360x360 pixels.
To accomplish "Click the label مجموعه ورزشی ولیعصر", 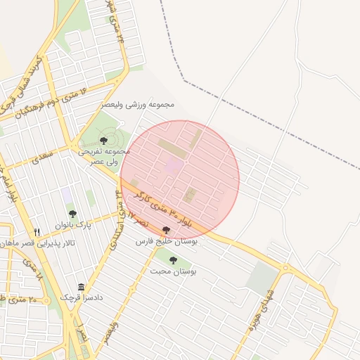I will pyautogui.click(x=149, y=105).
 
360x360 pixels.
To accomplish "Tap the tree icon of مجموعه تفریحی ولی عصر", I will pyautogui.click(x=104, y=141).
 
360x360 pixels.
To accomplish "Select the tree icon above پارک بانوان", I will pyautogui.click(x=72, y=214).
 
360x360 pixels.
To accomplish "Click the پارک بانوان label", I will pyautogui.click(x=75, y=225).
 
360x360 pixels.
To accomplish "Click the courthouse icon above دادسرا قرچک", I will pyautogui.click(x=82, y=287).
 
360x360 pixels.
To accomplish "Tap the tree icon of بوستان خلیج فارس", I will pyautogui.click(x=166, y=229).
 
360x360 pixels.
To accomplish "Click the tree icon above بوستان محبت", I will pyautogui.click(x=173, y=260).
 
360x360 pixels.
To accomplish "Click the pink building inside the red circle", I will pyautogui.click(x=173, y=166).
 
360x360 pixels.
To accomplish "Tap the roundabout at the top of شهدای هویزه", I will pyautogui.click(x=285, y=268).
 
